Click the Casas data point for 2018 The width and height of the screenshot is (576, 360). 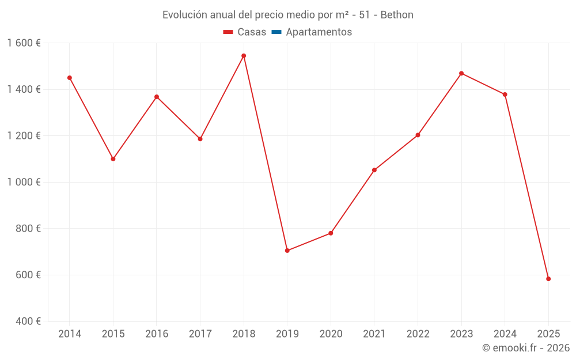point(244,56)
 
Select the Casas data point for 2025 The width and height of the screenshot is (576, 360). point(548,279)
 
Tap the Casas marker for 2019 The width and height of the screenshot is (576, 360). point(287,251)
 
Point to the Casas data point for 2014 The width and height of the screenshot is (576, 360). point(69,78)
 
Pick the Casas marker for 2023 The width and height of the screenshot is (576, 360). point(461,73)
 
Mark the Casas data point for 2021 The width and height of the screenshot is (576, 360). point(374,170)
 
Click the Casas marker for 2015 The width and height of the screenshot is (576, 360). point(113,159)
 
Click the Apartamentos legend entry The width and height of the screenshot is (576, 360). point(319,32)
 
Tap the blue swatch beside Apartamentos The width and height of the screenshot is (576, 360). point(276,32)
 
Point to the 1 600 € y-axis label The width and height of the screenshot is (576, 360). point(24,43)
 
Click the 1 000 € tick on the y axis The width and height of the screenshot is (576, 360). point(24,182)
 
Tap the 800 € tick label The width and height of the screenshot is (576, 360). point(27,229)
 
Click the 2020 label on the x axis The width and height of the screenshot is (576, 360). point(331,334)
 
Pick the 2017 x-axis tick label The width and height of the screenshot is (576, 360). point(200,334)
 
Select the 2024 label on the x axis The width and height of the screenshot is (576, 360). point(505,334)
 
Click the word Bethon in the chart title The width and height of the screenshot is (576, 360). point(397,15)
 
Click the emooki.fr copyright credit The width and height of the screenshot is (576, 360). point(525,348)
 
